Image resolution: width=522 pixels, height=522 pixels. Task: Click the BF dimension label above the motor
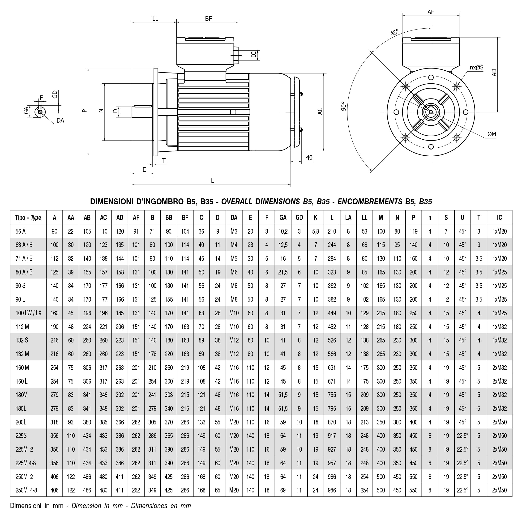208,19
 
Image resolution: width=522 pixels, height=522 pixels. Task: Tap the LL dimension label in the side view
155,19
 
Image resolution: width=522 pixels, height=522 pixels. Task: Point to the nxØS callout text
477,68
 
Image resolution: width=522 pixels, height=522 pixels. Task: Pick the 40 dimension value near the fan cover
309,158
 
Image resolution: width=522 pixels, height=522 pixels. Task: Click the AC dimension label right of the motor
320,111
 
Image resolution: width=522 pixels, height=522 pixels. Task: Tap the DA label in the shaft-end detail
60,121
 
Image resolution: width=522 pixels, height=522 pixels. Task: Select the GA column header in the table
283,218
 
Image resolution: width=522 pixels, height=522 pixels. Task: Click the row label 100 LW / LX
28,313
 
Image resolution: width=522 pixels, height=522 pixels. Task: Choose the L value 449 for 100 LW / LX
332,313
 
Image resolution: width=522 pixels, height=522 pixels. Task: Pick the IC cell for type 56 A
499,231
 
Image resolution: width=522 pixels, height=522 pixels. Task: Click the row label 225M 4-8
26,463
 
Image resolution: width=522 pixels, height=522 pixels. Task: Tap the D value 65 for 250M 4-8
218,490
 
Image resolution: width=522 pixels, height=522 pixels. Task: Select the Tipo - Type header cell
28,218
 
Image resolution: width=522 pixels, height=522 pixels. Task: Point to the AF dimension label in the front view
431,12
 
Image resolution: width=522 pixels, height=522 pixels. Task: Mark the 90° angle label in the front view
343,106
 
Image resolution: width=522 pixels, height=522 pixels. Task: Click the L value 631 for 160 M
332,368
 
